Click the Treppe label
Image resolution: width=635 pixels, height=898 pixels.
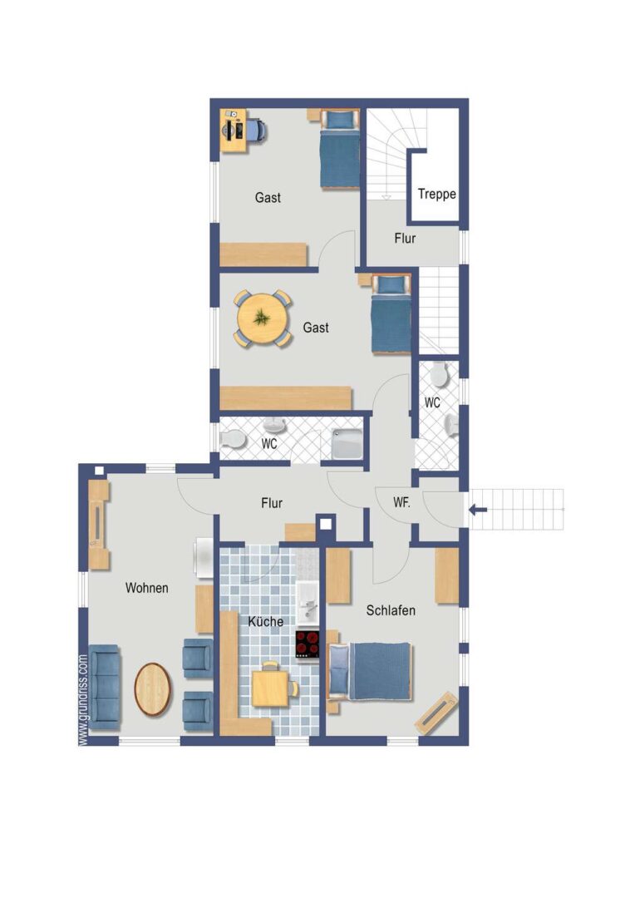436,194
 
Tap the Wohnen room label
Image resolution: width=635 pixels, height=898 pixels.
146,588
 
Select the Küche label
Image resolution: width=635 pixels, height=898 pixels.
266,621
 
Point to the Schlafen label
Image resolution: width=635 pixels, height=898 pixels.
391,610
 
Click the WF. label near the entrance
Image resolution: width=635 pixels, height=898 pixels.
401,502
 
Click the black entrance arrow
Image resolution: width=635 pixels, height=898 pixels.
478,509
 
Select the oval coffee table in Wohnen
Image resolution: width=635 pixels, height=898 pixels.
153,689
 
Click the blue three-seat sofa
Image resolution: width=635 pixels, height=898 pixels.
105,688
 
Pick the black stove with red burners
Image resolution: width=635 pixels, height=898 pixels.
308,644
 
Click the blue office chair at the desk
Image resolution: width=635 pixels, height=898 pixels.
257,130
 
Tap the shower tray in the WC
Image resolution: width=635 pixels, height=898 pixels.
347,443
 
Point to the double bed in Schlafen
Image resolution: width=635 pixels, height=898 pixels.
370,671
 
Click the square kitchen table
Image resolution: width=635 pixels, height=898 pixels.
272,688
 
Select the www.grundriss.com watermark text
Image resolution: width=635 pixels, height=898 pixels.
84,700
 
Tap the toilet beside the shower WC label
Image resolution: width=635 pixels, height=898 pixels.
233,440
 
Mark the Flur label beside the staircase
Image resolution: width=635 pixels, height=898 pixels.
405,239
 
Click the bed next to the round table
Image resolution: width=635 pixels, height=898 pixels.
391,314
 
